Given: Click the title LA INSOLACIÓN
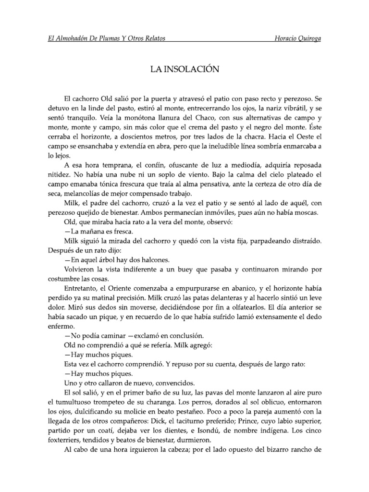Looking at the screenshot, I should [184, 70].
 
